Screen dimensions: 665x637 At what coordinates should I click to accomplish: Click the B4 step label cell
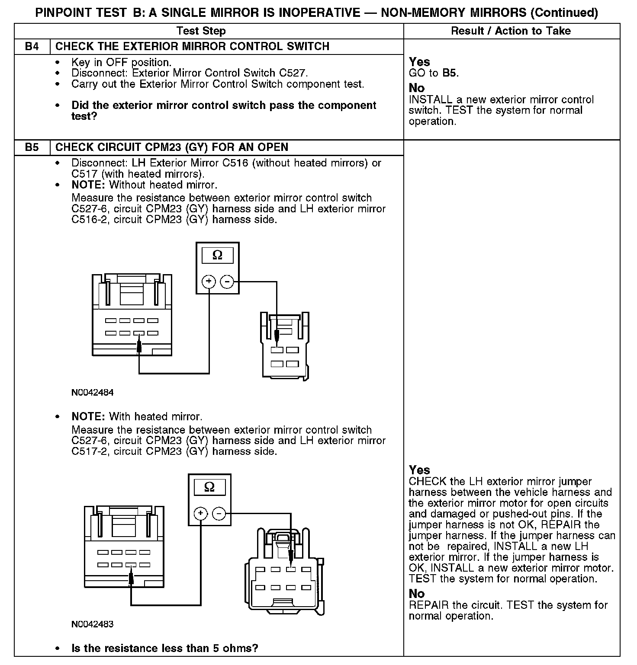click(32, 47)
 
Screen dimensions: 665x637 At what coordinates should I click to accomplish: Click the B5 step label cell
click(32, 147)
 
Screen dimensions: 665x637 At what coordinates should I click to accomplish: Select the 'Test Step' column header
click(201, 31)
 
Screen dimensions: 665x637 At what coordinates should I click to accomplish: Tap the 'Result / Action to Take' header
click(511, 31)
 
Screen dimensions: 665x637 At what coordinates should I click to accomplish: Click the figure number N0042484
click(93, 393)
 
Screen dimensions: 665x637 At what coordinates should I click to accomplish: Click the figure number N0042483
click(93, 624)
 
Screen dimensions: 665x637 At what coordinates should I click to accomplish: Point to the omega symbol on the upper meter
click(217, 256)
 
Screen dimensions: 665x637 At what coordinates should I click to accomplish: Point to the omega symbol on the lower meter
click(209, 487)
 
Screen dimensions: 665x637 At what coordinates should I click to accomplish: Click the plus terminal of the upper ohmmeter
click(209, 282)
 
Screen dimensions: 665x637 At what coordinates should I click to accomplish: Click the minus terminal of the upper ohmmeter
click(227, 282)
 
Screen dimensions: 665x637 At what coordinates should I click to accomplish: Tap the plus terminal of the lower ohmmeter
click(200, 514)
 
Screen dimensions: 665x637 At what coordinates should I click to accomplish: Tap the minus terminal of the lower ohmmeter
click(219, 514)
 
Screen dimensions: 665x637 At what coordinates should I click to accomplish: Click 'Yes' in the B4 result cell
click(419, 62)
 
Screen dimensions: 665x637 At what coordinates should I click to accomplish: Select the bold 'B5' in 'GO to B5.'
click(450, 73)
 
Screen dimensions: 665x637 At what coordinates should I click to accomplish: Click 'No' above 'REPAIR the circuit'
click(417, 594)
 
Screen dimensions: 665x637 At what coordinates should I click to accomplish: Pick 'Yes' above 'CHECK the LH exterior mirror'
click(419, 470)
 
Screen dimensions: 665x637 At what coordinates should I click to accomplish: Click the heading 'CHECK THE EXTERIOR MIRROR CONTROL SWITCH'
click(193, 47)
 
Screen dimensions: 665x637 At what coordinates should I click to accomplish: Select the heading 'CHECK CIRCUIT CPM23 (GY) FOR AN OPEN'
click(172, 147)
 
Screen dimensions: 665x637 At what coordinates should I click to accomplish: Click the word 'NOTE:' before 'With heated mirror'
click(88, 417)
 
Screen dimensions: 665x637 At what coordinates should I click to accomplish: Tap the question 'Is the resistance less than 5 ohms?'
click(164, 648)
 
